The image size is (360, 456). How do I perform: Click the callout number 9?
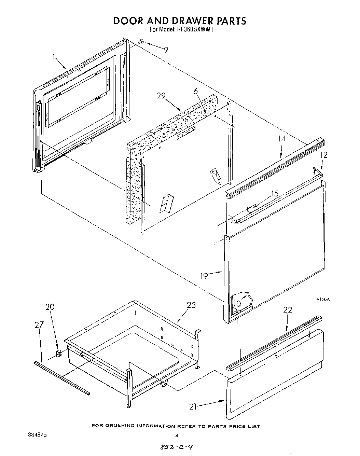click(x=166, y=50)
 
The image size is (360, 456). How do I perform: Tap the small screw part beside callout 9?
click(x=141, y=42)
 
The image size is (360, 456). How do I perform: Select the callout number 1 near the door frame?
click(x=54, y=57)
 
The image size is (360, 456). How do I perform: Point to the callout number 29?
click(x=161, y=96)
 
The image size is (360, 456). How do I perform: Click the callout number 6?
click(x=195, y=91)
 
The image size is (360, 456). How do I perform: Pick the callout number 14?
click(x=281, y=138)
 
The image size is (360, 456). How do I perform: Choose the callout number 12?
click(x=324, y=155)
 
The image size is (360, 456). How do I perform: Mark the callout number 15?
click(x=275, y=194)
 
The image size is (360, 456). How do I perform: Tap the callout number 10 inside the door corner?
click(x=237, y=303)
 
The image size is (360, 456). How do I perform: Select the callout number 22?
click(x=288, y=309)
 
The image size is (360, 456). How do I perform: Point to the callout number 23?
click(x=191, y=305)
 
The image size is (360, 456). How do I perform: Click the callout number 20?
click(x=50, y=307)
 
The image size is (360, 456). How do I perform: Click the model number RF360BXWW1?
click(x=195, y=30)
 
